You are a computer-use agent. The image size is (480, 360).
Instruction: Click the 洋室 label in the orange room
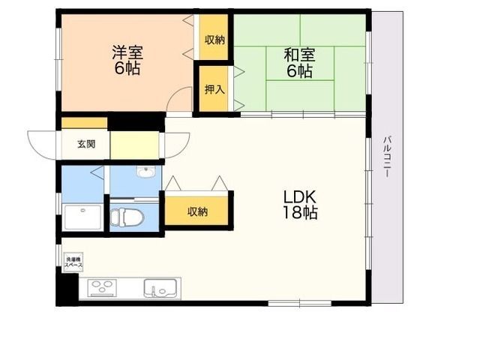tap(127, 52)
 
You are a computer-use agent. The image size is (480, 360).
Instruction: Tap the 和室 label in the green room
tap(298, 55)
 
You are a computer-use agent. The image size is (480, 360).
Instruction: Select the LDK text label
tap(300, 196)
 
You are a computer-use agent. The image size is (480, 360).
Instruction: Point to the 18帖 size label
tap(300, 213)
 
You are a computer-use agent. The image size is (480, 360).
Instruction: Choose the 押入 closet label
tap(214, 89)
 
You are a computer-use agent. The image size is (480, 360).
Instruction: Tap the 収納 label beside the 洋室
tap(214, 40)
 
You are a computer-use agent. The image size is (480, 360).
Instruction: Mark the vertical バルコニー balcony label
tap(386, 157)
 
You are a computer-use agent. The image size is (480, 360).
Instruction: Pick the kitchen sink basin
tap(160, 288)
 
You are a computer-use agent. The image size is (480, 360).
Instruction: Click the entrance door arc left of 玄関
tap(42, 142)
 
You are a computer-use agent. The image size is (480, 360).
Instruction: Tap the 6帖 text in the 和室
tap(298, 72)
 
